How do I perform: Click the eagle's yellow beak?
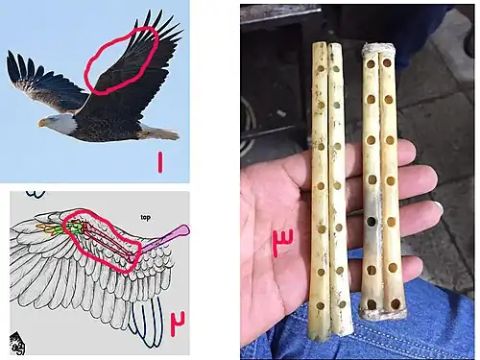click(41, 122)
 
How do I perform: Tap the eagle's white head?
click(59, 123)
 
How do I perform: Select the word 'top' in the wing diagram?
click(145, 217)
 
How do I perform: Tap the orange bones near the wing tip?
click(46, 228)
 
